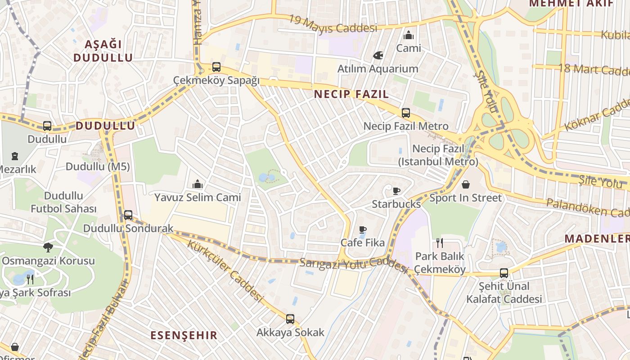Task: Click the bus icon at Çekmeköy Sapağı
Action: point(216,67)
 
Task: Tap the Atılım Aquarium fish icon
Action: point(378,55)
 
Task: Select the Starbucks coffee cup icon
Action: point(396,191)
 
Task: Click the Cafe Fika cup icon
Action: point(363,229)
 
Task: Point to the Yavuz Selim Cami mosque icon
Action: point(198,184)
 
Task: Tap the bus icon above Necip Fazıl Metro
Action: point(406,113)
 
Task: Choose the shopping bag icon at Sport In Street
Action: point(466,184)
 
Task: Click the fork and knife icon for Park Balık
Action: point(440,243)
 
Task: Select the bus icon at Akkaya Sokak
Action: point(290,319)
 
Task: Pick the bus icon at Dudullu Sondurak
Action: point(128,215)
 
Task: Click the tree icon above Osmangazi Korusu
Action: point(48,247)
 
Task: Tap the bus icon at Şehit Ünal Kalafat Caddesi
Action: point(504,273)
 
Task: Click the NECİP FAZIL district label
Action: point(351,94)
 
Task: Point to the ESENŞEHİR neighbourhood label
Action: point(184,335)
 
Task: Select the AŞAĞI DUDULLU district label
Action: point(103,51)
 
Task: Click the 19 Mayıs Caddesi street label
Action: point(333,23)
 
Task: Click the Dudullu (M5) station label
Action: point(98,166)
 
